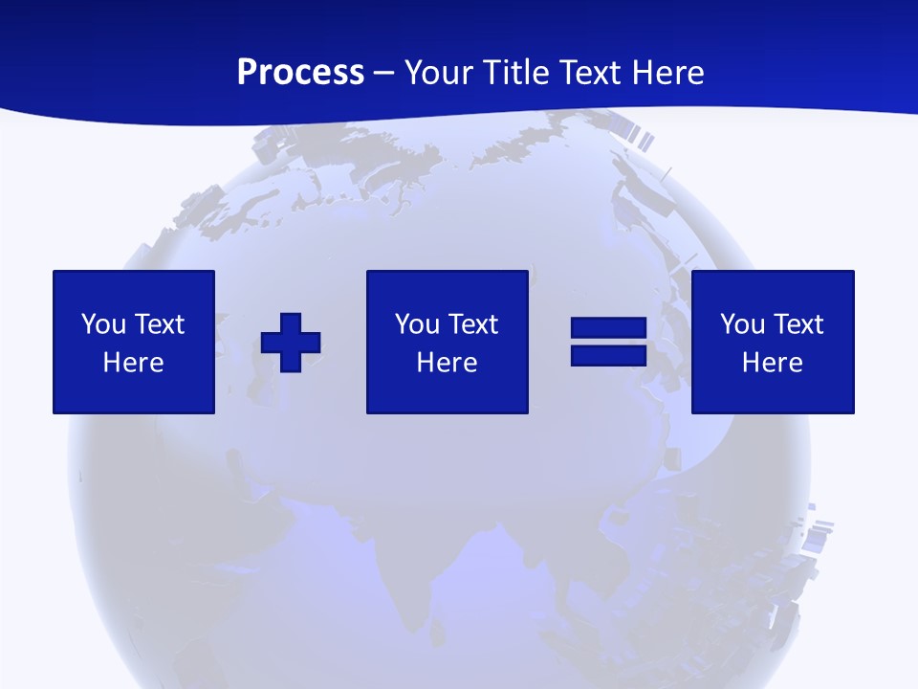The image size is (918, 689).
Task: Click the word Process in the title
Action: pos(300,73)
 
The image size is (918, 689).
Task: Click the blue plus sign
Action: pos(291,343)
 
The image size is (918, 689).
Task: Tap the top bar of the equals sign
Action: pos(609,328)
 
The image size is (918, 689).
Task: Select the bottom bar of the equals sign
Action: pos(609,355)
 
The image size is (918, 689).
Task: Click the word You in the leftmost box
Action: pos(103,324)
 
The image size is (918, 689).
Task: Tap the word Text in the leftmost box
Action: pos(158,324)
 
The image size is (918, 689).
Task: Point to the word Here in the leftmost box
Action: pos(134,363)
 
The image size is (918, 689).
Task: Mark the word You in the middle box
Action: pos(417,324)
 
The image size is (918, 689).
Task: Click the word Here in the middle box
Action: pos(448,363)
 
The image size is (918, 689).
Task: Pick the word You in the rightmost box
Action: pos(742,324)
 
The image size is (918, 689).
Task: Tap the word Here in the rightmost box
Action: pos(773,363)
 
